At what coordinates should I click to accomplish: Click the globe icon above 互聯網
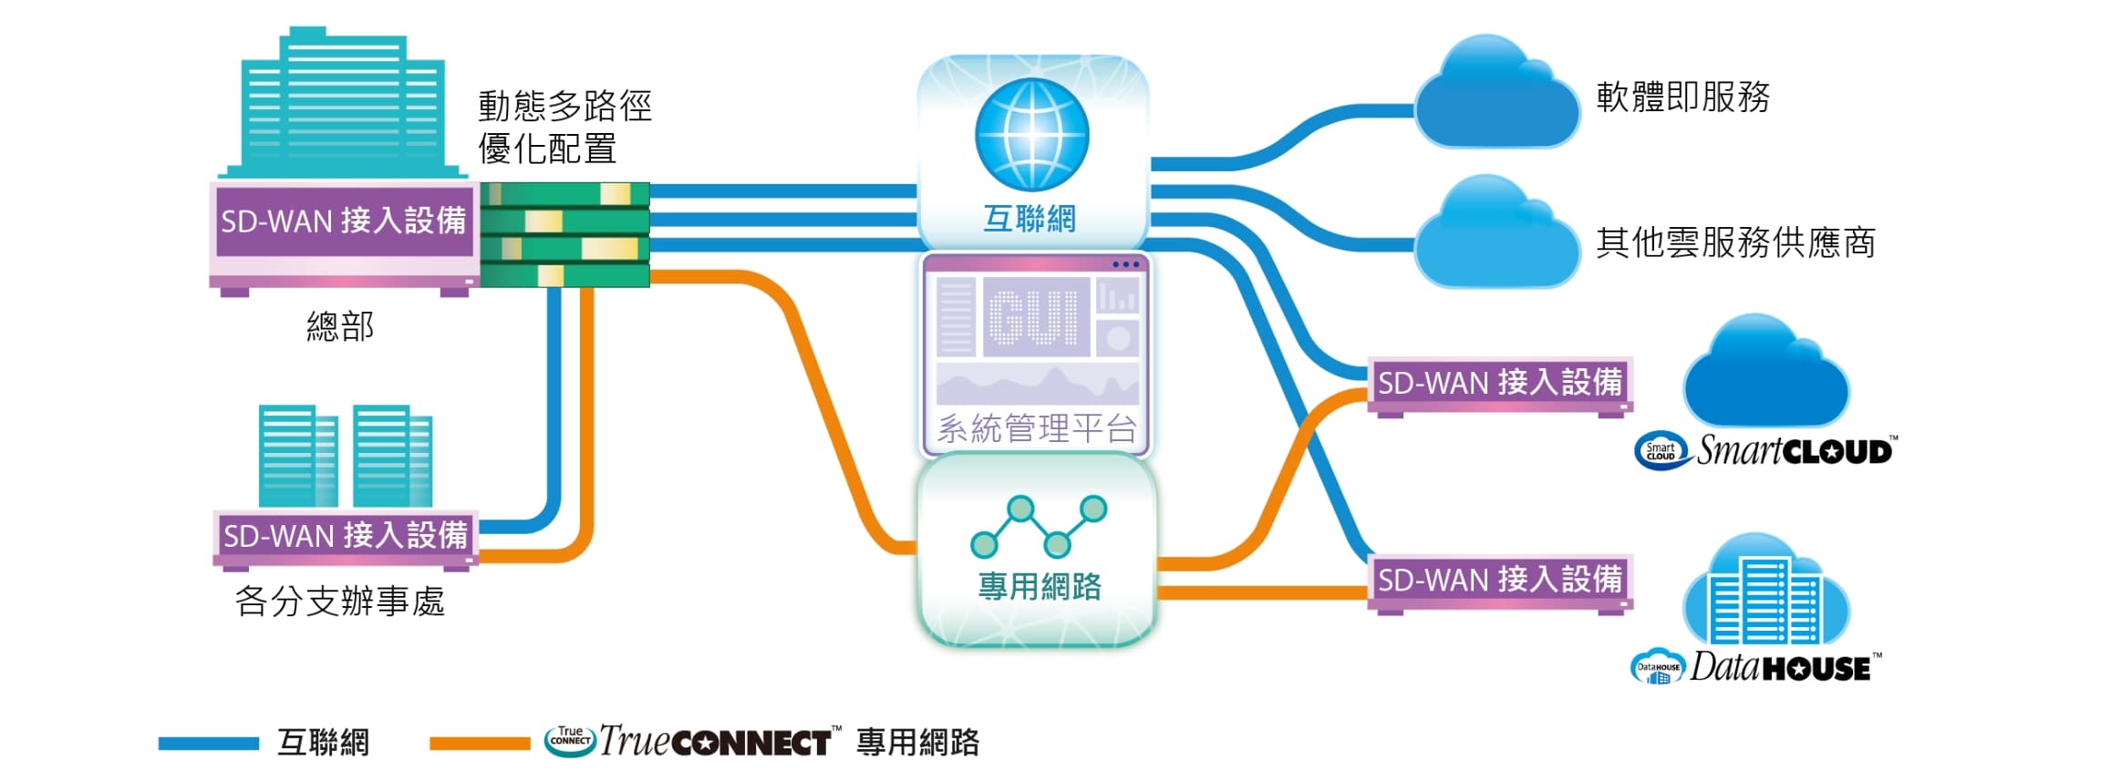[x=1031, y=134]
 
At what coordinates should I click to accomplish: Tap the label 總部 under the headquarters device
[x=340, y=326]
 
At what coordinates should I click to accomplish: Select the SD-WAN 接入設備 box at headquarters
[x=343, y=221]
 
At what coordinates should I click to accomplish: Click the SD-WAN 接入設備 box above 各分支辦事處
[x=345, y=535]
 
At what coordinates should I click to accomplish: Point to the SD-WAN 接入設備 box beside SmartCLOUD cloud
[x=1499, y=383]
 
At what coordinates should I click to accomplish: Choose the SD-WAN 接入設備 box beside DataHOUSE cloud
[x=1499, y=580]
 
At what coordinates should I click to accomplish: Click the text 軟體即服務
[x=1682, y=97]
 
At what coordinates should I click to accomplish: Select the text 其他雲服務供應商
[x=1735, y=242]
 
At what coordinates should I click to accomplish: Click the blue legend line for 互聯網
[x=208, y=744]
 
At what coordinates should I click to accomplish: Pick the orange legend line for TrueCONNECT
[x=480, y=744]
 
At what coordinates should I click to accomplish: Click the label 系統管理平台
[x=1037, y=427]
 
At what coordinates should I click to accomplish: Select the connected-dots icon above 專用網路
[x=1038, y=526]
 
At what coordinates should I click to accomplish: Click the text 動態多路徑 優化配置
[x=564, y=127]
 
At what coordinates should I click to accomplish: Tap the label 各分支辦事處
[x=339, y=602]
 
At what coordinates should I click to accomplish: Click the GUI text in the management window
[x=1034, y=318]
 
